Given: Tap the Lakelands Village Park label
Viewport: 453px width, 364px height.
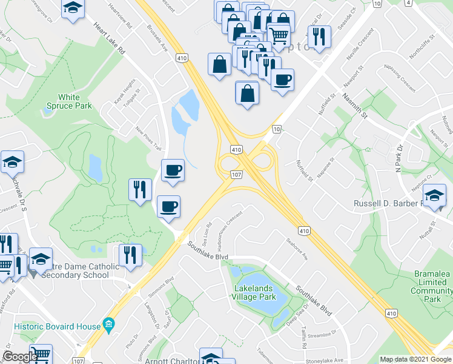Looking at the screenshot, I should [254, 292].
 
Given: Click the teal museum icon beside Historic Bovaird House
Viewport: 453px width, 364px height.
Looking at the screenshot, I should [108, 322].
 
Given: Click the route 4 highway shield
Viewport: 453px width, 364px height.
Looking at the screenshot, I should [409, 3].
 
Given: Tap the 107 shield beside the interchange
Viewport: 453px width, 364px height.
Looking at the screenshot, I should [236, 175].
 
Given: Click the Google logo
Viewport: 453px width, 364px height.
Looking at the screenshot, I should [20, 356].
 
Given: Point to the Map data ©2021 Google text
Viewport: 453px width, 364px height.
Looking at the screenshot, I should [415, 359].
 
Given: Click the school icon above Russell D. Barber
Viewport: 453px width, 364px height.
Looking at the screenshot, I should [434, 195].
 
